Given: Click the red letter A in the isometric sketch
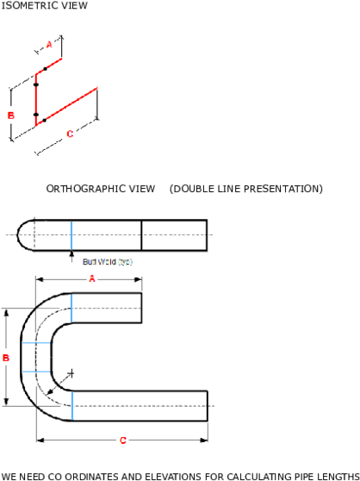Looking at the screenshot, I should [49, 43].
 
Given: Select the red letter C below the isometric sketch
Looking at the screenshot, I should [70, 134].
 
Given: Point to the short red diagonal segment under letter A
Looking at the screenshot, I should [51, 65].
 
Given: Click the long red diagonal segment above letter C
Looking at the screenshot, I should [71, 103].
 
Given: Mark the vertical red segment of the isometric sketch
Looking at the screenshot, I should [35, 97].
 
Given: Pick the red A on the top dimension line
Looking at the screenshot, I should [91, 278].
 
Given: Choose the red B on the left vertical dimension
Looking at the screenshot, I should [6, 357].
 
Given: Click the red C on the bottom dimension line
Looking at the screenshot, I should [123, 440].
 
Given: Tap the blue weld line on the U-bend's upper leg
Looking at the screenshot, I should [71, 309].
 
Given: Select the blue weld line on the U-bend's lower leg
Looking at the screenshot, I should [71, 405].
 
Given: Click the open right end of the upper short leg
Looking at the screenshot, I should [142, 309].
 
